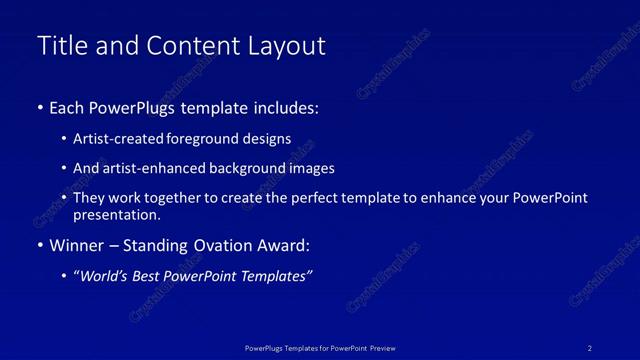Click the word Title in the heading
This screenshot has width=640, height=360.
point(59,46)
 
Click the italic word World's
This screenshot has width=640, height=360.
point(105,277)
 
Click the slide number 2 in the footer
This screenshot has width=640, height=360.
point(590,348)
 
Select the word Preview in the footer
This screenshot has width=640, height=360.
point(382,348)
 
